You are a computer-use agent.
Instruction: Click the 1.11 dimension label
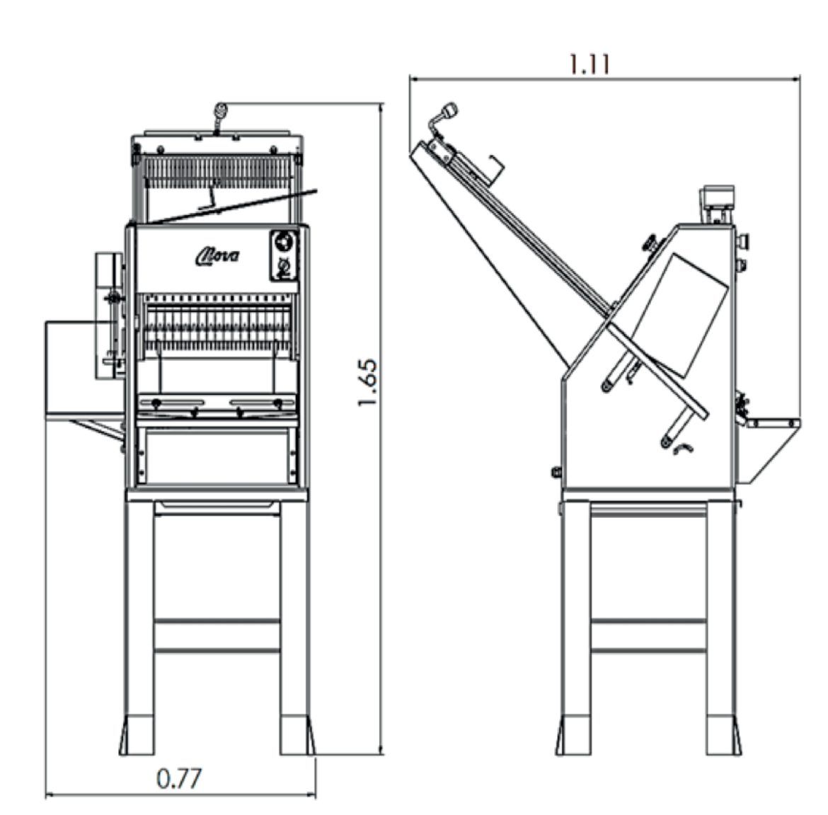pyautogui.click(x=590, y=64)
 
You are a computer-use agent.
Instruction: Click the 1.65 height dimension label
pyautogui.click(x=367, y=383)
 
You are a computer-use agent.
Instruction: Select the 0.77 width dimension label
pyautogui.click(x=179, y=779)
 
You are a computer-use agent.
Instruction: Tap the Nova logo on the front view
pyautogui.click(x=217, y=257)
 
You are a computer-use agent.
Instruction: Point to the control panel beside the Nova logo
pyautogui.click(x=284, y=255)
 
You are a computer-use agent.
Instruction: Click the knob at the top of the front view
pyautogui.click(x=220, y=110)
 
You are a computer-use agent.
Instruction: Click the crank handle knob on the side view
pyautogui.click(x=450, y=110)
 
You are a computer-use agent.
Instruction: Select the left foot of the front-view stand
pyautogui.click(x=137, y=735)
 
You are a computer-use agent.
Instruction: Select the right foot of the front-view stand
pyautogui.click(x=297, y=735)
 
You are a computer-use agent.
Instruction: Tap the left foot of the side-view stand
pyautogui.click(x=573, y=735)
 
